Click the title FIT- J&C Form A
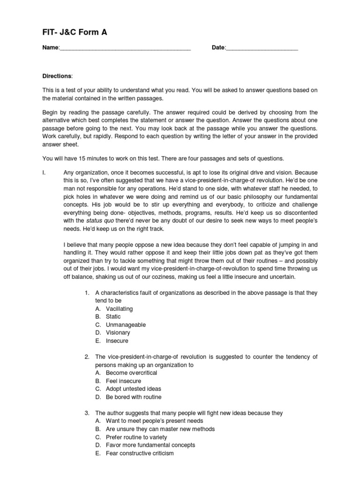(75, 32)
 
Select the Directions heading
(58, 76)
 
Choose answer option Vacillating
(119, 308)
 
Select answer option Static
(113, 316)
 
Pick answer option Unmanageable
(126, 324)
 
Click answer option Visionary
(118, 332)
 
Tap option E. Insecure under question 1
(117, 341)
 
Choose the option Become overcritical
(131, 373)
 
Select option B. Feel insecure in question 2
(123, 381)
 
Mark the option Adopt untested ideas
(133, 389)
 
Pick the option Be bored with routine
(133, 397)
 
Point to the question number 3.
(87, 413)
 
